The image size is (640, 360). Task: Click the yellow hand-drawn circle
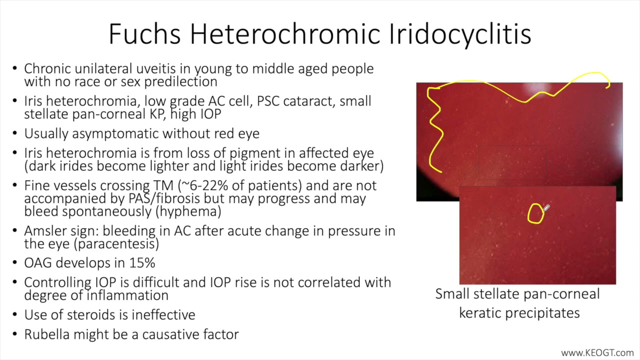(x=535, y=213)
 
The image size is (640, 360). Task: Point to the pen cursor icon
(x=546, y=208)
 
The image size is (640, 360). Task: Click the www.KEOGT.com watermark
(x=597, y=352)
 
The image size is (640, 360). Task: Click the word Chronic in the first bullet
(x=47, y=68)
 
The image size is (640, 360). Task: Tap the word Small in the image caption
(x=452, y=293)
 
